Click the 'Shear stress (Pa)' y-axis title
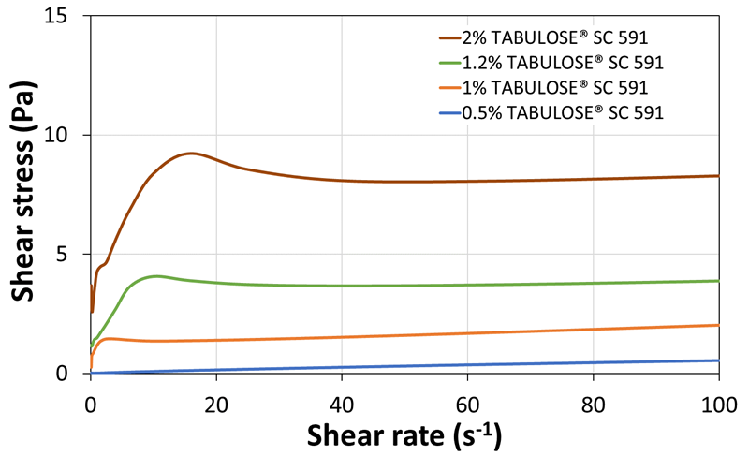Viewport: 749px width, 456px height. click(25, 195)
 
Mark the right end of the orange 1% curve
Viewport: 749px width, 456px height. click(718, 325)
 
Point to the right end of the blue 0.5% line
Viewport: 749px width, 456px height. click(718, 360)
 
